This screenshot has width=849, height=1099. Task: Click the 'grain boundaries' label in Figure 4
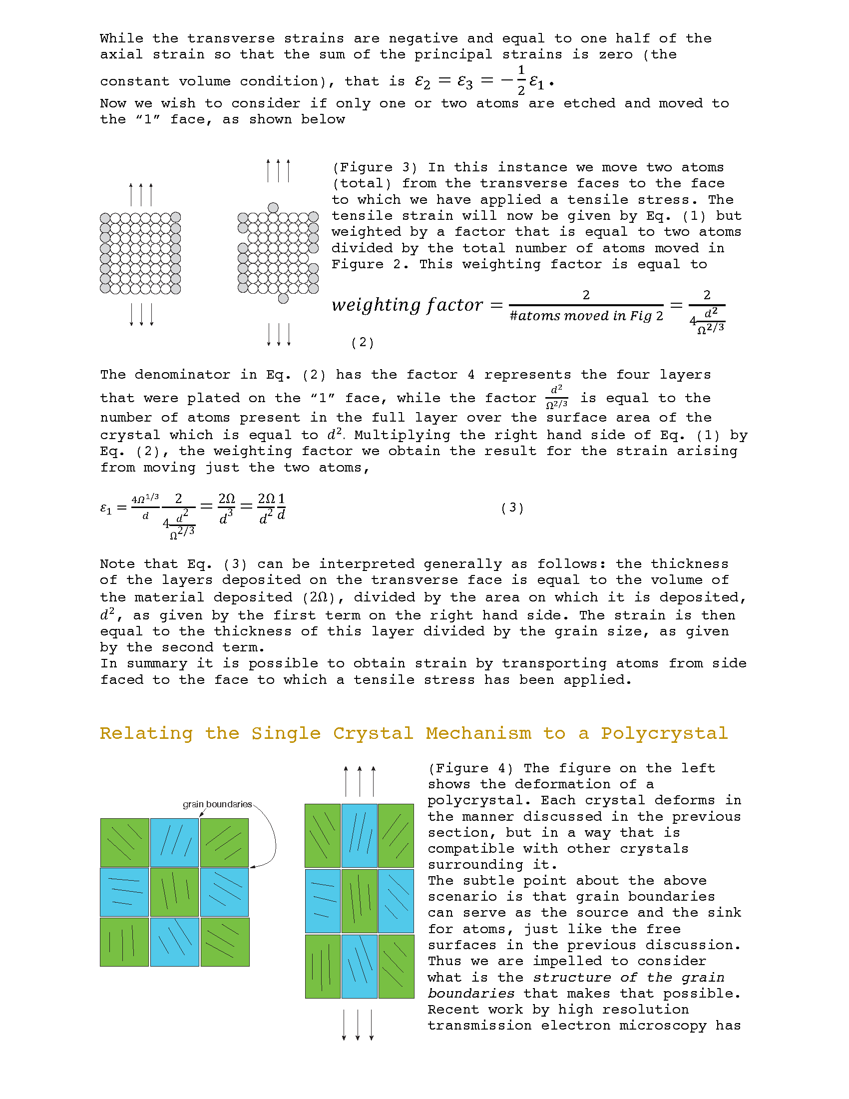[217, 804]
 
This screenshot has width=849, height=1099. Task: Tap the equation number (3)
[512, 508]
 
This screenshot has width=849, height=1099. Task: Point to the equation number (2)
[362, 343]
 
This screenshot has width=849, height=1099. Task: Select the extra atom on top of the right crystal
[273, 208]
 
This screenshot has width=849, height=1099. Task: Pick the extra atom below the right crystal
[283, 298]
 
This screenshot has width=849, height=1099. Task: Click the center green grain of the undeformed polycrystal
[174, 892]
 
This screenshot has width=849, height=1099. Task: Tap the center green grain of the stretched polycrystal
[359, 901]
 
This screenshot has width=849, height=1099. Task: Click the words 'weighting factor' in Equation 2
[407, 305]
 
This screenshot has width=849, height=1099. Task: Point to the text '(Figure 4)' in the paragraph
[470, 768]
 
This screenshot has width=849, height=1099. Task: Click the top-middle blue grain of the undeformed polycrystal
[174, 842]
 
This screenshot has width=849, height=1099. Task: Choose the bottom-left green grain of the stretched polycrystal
[323, 966]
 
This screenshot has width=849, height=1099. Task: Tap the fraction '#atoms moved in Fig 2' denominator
[586, 316]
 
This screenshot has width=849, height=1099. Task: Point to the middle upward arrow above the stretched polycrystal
[360, 781]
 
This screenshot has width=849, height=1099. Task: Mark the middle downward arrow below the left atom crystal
[141, 315]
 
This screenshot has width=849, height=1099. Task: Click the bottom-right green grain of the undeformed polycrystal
[225, 942]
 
